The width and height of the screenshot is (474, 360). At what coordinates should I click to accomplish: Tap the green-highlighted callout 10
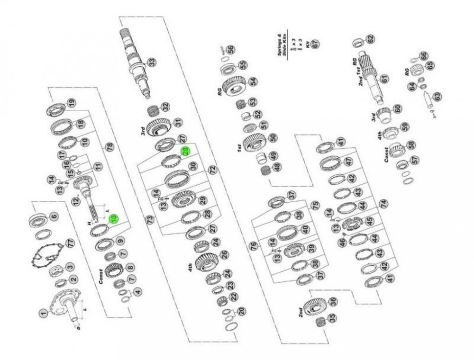click(113, 218)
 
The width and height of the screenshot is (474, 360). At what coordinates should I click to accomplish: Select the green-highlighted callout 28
click(186, 151)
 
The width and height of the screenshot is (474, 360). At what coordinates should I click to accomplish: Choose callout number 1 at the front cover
click(43, 313)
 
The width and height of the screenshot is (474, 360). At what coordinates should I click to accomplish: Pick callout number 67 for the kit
click(315, 44)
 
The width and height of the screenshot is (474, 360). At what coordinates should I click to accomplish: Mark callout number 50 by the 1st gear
click(273, 138)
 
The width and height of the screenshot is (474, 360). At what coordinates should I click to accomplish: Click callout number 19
click(71, 103)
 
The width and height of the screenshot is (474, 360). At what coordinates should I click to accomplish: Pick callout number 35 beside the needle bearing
click(332, 318)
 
